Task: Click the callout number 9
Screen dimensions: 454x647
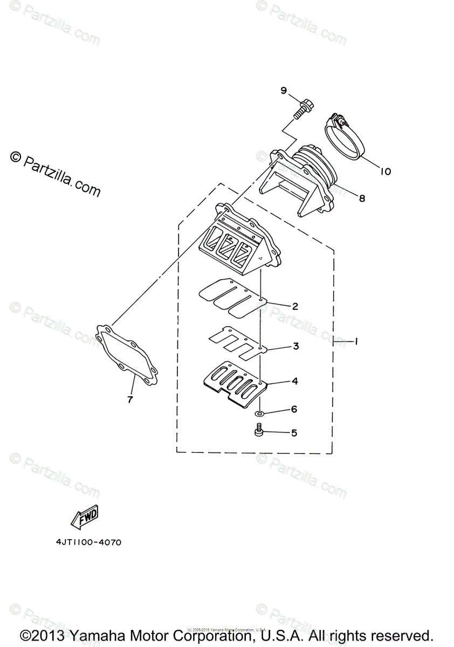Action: (284, 91)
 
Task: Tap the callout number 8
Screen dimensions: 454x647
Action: (362, 198)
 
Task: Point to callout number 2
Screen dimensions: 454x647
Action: (295, 306)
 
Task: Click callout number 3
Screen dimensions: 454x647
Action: (295, 346)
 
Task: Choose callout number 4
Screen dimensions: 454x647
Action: (295, 381)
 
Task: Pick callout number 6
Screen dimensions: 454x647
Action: (294, 409)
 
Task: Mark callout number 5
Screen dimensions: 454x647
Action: (294, 432)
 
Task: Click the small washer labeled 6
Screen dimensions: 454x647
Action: (260, 414)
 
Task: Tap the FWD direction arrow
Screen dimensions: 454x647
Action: (84, 518)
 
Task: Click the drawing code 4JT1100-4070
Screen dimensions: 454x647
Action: (87, 542)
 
